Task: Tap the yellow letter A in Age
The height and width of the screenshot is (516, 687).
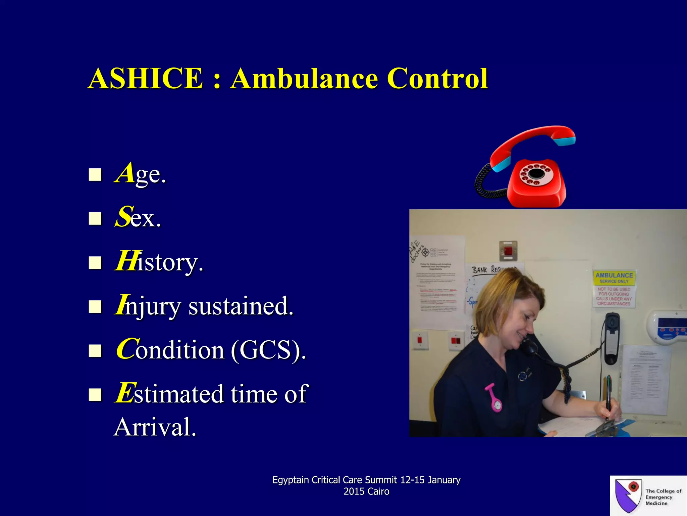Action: pos(125,173)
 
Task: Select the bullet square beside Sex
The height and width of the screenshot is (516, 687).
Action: pos(95,218)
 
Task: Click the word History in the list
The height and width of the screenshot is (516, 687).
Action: pos(159,262)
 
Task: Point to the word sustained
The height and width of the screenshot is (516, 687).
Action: pos(241,306)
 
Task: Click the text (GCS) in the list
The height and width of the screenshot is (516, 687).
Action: pos(268,350)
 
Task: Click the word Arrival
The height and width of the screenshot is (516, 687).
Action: pos(155,427)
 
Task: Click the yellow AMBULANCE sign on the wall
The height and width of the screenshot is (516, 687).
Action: pos(614,277)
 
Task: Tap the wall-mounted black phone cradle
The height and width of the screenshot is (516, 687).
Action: pos(612,338)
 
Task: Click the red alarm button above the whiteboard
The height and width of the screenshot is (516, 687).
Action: pos(508,251)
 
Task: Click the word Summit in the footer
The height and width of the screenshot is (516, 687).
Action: pos(381,480)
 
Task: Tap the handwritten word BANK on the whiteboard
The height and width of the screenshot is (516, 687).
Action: pos(480,270)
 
